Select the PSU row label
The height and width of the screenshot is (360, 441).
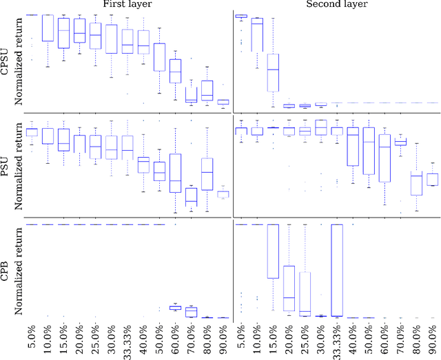tap(6, 165)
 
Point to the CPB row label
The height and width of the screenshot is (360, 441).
tap(6, 271)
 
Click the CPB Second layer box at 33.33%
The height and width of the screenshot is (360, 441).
tap(336, 270)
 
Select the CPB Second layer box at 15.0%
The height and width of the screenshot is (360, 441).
tap(273, 251)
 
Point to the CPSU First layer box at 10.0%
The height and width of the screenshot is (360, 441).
tap(48, 28)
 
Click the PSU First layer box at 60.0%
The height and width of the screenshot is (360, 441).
tap(175, 173)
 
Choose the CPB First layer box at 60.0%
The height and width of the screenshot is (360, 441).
tap(175, 307)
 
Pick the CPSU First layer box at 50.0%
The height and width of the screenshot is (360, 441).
tap(159, 57)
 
